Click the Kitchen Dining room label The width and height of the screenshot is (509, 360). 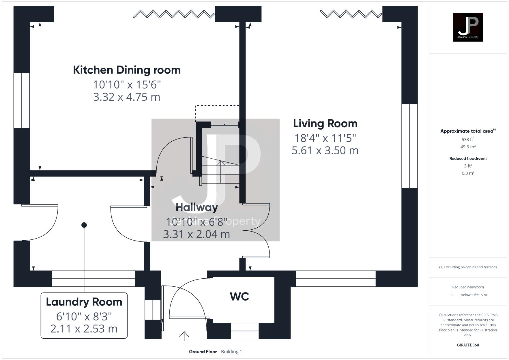(x=127, y=70)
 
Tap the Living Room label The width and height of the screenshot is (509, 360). (x=325, y=123)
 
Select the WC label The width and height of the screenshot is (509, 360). (x=239, y=296)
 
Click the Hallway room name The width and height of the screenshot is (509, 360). (x=197, y=207)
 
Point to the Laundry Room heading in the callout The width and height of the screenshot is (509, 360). (x=84, y=302)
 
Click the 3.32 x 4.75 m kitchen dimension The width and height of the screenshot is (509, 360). (x=127, y=97)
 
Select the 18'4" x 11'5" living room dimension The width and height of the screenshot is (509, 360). (x=325, y=138)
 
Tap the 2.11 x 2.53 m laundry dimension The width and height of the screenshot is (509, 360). (x=84, y=329)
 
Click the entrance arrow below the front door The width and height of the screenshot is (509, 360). (x=184, y=336)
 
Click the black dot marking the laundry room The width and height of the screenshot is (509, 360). (x=84, y=225)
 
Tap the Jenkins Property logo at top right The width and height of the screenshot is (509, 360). (x=468, y=27)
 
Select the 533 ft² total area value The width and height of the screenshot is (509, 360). (x=468, y=139)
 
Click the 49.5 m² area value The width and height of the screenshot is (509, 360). (x=468, y=147)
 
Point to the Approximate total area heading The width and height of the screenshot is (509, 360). (x=468, y=131)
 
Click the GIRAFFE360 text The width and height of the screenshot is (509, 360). (x=468, y=345)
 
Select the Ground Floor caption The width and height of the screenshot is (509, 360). (x=203, y=352)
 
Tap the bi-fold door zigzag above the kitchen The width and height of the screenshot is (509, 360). (x=173, y=14)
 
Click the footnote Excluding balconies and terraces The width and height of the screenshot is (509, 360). (x=468, y=267)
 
